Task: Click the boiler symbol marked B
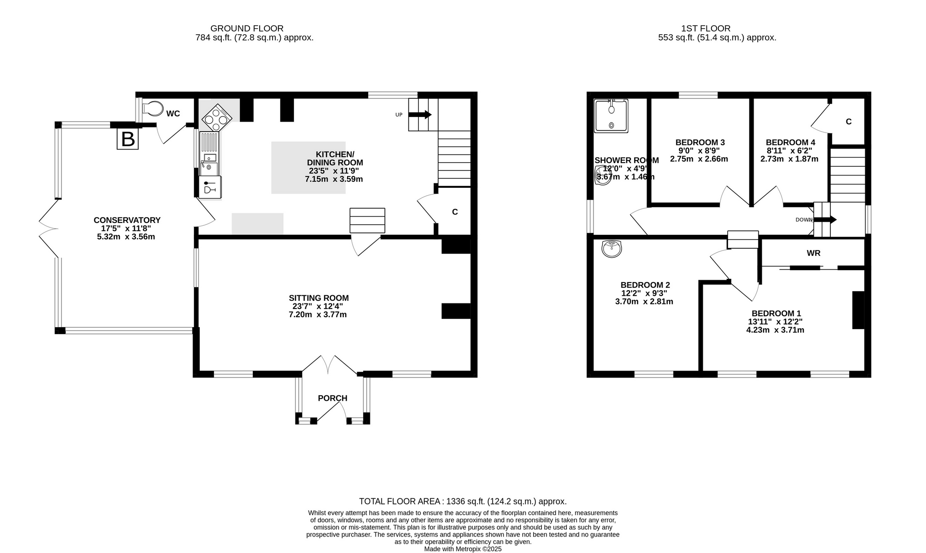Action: coord(128,139)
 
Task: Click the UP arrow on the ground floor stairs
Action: coord(420,115)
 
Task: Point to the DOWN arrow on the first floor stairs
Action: coord(825,220)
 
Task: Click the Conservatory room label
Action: coord(127,220)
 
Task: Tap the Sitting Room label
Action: coord(319,298)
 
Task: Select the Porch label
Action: coord(332,398)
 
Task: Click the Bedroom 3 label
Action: coord(700,143)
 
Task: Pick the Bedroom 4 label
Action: coord(791,143)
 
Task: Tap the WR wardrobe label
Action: coord(814,253)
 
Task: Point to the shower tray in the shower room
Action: coord(611,116)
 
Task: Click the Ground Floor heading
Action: coord(247,28)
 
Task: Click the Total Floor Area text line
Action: coord(463,501)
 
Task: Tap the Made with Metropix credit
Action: coord(463,549)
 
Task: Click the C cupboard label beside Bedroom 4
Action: coord(849,122)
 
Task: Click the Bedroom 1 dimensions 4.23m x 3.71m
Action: coord(775,330)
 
